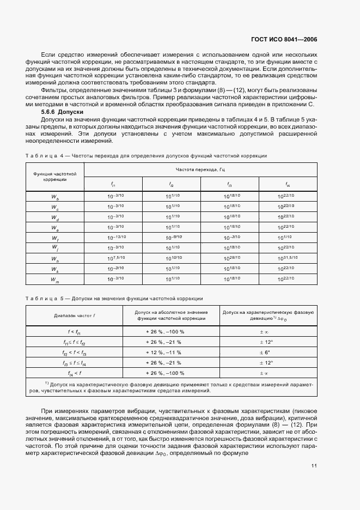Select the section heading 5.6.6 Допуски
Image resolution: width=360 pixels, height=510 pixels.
point(63,111)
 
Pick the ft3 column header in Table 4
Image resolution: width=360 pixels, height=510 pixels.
point(229,184)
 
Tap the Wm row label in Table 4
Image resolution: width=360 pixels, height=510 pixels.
point(55,280)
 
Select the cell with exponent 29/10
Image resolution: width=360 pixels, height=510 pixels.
point(229,259)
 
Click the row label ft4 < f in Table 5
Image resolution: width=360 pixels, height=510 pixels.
point(74,373)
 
